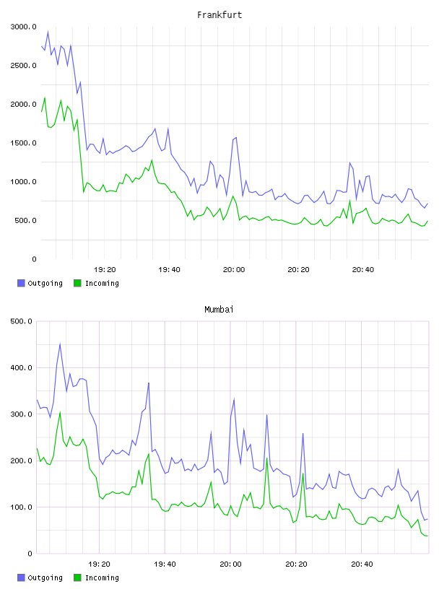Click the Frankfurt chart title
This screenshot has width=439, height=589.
point(219,15)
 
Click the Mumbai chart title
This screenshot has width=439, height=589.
point(219,310)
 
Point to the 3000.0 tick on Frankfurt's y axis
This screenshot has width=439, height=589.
point(23,27)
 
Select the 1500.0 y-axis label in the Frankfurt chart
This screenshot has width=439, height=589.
point(23,143)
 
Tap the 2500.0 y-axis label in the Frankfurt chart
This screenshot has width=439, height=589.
point(23,66)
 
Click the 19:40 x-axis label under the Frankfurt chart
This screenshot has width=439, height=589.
point(169,270)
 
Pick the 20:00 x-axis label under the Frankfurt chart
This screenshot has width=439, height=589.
point(234,270)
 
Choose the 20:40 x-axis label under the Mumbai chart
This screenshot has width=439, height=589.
point(362,564)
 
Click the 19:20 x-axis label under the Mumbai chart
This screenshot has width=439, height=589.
point(99,564)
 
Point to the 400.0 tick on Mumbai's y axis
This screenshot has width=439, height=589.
point(21,367)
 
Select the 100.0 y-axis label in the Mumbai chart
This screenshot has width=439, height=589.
point(21,507)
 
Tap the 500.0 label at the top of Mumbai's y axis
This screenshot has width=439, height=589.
point(21,321)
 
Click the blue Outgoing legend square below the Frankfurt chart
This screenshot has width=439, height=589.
point(21,283)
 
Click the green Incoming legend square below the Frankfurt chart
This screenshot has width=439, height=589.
point(77,283)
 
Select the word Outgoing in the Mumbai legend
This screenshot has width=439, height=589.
point(45,577)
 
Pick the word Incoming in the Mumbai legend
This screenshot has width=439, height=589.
point(102,577)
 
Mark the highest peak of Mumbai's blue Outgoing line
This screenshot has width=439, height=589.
point(60,344)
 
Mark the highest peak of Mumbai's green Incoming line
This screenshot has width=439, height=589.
point(60,412)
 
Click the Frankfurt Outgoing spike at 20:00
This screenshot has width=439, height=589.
point(236,137)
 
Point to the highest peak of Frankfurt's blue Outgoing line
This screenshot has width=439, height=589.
point(48,32)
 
